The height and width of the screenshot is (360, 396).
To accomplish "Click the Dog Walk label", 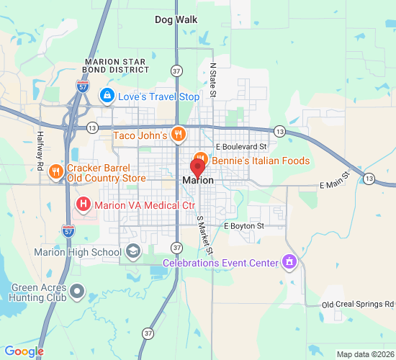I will pos(176,19).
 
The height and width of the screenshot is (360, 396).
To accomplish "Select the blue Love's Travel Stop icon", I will pos(107,95).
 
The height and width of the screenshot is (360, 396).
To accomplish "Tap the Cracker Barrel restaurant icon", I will pos(55,171).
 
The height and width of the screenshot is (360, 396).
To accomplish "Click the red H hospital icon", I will pos(84,205).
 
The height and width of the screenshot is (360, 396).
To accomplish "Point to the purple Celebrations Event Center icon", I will pos(289,261).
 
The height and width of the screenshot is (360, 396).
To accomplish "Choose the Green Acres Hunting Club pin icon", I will pos(78,293).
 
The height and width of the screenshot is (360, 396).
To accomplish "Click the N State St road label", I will pos(213,78).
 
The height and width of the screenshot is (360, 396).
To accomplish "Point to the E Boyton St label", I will pos(244,226).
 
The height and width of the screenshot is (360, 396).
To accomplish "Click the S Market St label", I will pos(205,237).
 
